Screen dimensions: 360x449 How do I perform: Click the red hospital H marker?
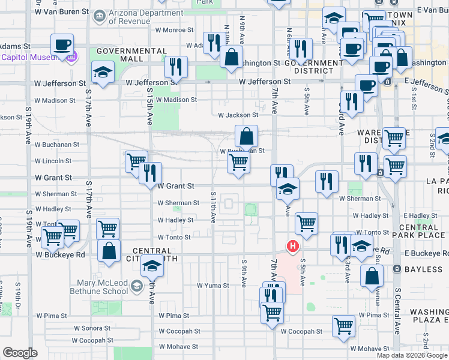click(x=293, y=246)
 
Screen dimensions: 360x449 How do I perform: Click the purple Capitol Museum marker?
click(x=73, y=57)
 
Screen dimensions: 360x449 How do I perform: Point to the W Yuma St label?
click(x=213, y=286)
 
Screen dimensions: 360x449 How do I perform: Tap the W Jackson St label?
click(x=238, y=115)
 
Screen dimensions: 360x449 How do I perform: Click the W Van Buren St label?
click(x=62, y=11)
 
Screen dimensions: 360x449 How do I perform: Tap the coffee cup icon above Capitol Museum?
click(x=62, y=45)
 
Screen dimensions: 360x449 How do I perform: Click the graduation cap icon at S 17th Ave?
click(x=103, y=73)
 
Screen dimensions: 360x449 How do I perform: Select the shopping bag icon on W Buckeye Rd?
click(x=109, y=252)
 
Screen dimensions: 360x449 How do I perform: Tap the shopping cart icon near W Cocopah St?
click(x=343, y=326)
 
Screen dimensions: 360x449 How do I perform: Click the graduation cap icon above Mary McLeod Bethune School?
click(x=152, y=265)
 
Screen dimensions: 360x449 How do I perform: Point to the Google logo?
click(x=20, y=353)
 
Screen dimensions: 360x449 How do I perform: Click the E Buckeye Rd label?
click(x=426, y=253)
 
